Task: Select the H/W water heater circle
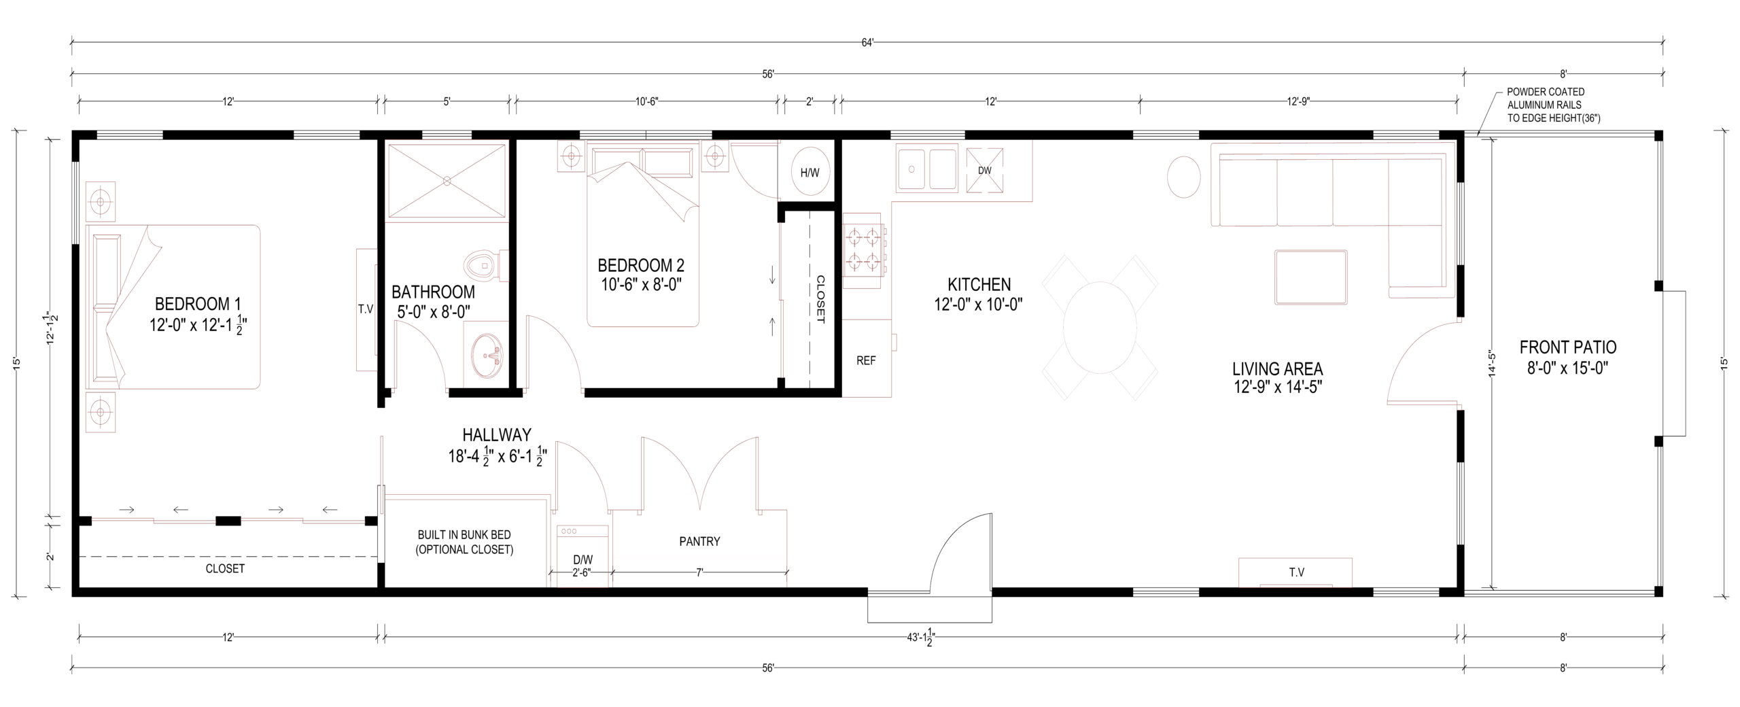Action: (810, 172)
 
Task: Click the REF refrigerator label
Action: (866, 361)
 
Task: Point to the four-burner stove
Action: (864, 249)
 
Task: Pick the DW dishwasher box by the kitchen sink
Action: (985, 170)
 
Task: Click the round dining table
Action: (1099, 328)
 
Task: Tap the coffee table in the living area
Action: (1310, 277)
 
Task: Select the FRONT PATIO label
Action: (1568, 347)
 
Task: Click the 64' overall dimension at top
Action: (867, 43)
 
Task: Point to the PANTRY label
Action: (699, 542)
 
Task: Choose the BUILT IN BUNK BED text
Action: (464, 535)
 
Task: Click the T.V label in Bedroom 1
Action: (366, 309)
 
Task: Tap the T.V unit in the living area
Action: (1295, 572)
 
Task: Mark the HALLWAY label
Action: (497, 434)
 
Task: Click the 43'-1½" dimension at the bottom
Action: (917, 638)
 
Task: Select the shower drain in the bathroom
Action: (447, 181)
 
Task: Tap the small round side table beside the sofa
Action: (1183, 177)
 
